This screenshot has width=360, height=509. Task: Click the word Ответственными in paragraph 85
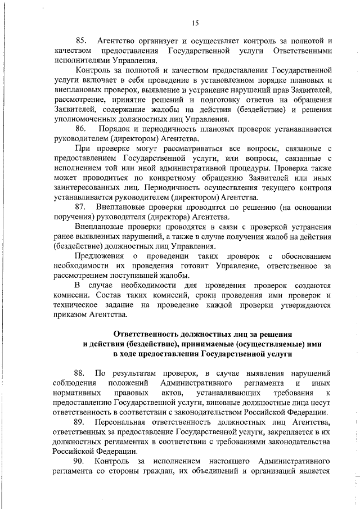pos(301,51)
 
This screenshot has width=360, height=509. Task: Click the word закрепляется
pos(288,432)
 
